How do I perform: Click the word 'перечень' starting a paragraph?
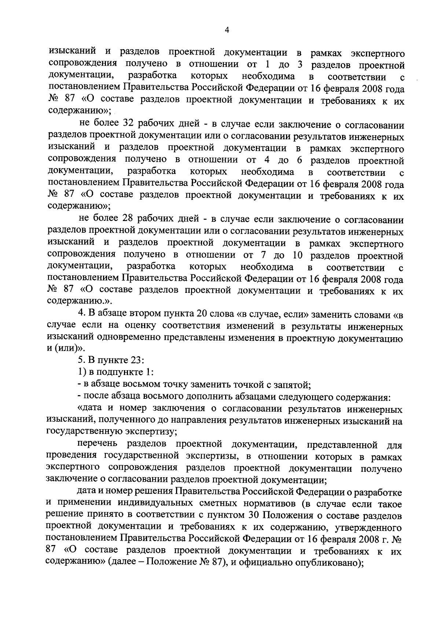(97, 444)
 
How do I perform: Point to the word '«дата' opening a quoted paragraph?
(89, 409)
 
